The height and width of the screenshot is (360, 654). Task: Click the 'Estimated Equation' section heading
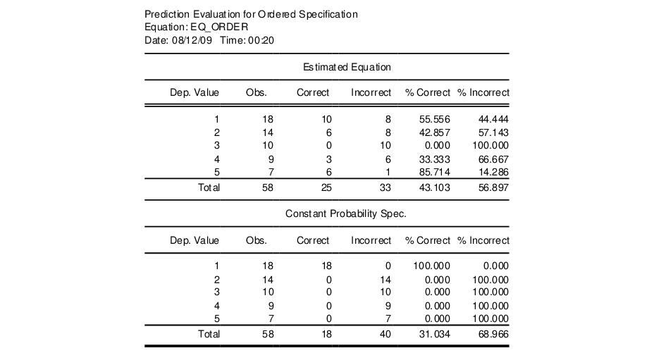(x=347, y=67)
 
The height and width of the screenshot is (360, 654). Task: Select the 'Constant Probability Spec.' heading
(x=346, y=213)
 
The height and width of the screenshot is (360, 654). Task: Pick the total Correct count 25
(x=326, y=187)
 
